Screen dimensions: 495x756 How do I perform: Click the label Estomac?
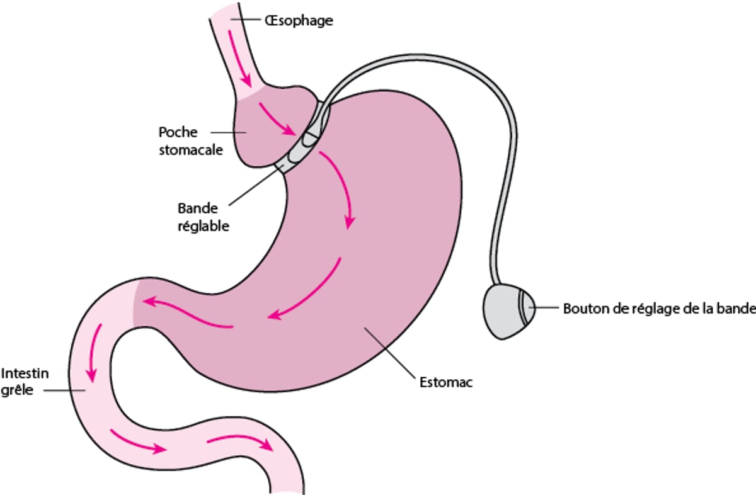coord(445,382)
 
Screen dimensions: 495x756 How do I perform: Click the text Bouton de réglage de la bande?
coord(659,309)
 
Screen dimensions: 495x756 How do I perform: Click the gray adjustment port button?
coord(507,311)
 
